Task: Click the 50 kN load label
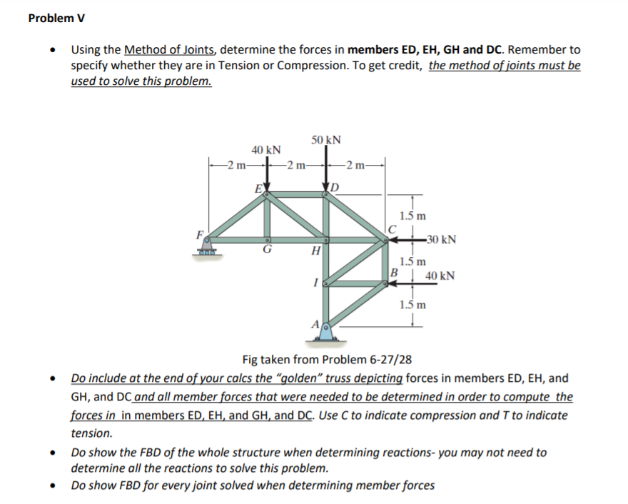tap(326, 139)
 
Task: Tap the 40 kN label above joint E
tap(266, 150)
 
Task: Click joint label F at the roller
tap(201, 233)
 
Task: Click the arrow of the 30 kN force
tap(405, 240)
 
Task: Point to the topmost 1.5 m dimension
tap(412, 215)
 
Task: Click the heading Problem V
tap(55, 18)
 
